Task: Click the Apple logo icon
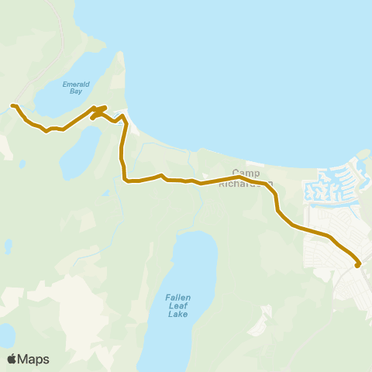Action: pos(12,359)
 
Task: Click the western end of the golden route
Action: pos(12,105)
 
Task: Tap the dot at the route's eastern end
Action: pos(357,266)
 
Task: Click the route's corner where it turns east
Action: pos(126,180)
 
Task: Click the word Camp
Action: pos(246,173)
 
